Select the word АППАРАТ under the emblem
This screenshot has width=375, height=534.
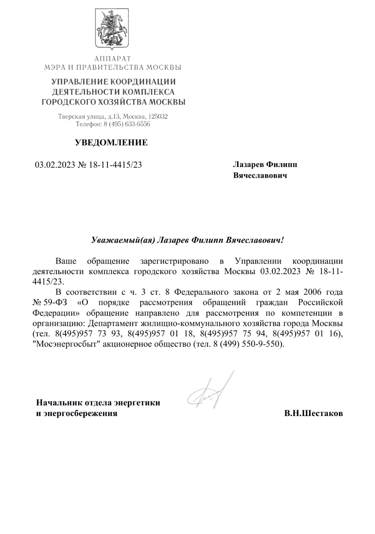point(113,59)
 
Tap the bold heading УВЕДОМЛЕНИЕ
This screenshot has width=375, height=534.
point(111,143)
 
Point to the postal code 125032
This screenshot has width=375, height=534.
point(158,117)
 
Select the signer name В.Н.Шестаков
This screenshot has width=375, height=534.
point(313,414)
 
